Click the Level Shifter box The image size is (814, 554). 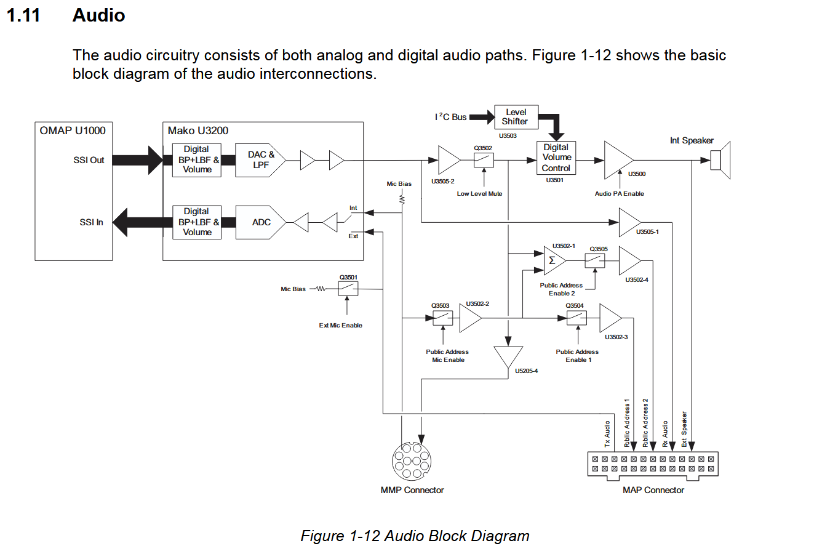[516, 117]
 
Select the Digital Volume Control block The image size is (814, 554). [556, 158]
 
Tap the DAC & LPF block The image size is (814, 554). [260, 160]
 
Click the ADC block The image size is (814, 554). [261, 222]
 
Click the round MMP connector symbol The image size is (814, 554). [412, 461]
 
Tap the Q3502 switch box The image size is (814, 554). [484, 160]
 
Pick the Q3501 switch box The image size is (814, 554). [348, 288]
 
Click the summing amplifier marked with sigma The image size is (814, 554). [554, 261]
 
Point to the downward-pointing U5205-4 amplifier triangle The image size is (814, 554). [508, 356]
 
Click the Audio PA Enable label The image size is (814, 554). [619, 193]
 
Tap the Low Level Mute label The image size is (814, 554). [479, 193]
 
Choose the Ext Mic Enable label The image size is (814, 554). [340, 325]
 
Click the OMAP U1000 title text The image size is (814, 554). [73, 130]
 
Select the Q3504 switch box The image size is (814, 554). [577, 318]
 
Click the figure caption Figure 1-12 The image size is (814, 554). [415, 536]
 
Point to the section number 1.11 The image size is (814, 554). [23, 15]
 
